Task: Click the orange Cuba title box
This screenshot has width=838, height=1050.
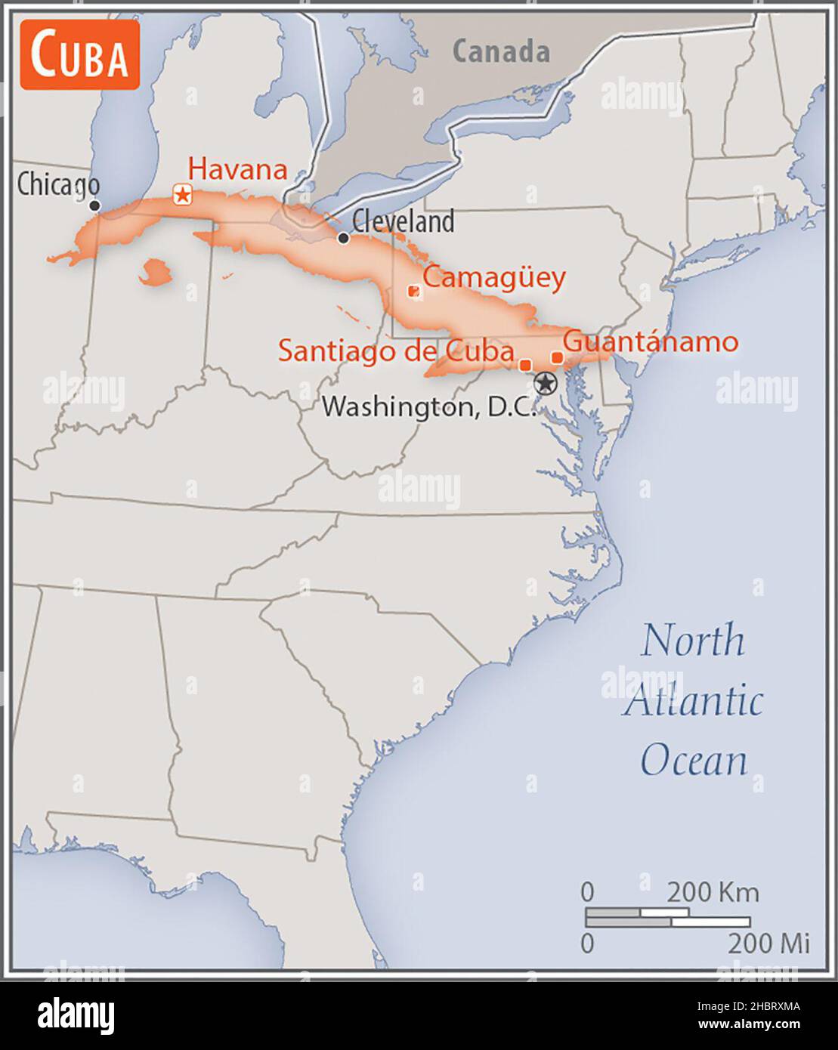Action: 79,55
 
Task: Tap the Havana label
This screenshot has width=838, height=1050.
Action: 237,168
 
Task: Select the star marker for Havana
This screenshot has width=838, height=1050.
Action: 182,195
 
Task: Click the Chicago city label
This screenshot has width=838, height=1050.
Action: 58,184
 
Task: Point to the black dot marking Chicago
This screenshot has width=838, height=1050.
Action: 94,205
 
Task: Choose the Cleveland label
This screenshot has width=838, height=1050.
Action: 403,221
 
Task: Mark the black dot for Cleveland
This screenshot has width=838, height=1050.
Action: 343,238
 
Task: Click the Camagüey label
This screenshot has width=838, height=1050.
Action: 493,278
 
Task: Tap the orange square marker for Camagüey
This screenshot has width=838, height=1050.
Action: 413,291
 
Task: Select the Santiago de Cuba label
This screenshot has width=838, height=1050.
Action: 396,351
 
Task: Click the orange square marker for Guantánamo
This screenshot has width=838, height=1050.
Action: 557,357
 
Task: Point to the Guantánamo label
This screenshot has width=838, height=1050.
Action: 651,341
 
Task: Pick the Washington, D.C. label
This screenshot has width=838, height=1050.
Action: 428,407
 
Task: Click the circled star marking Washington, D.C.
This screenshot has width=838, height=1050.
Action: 544,383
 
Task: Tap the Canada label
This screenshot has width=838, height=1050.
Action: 501,52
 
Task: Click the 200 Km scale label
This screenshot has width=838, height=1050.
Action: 712,892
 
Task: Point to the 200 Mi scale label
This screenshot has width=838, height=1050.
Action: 768,943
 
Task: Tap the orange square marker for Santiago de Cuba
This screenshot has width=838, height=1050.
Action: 525,365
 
